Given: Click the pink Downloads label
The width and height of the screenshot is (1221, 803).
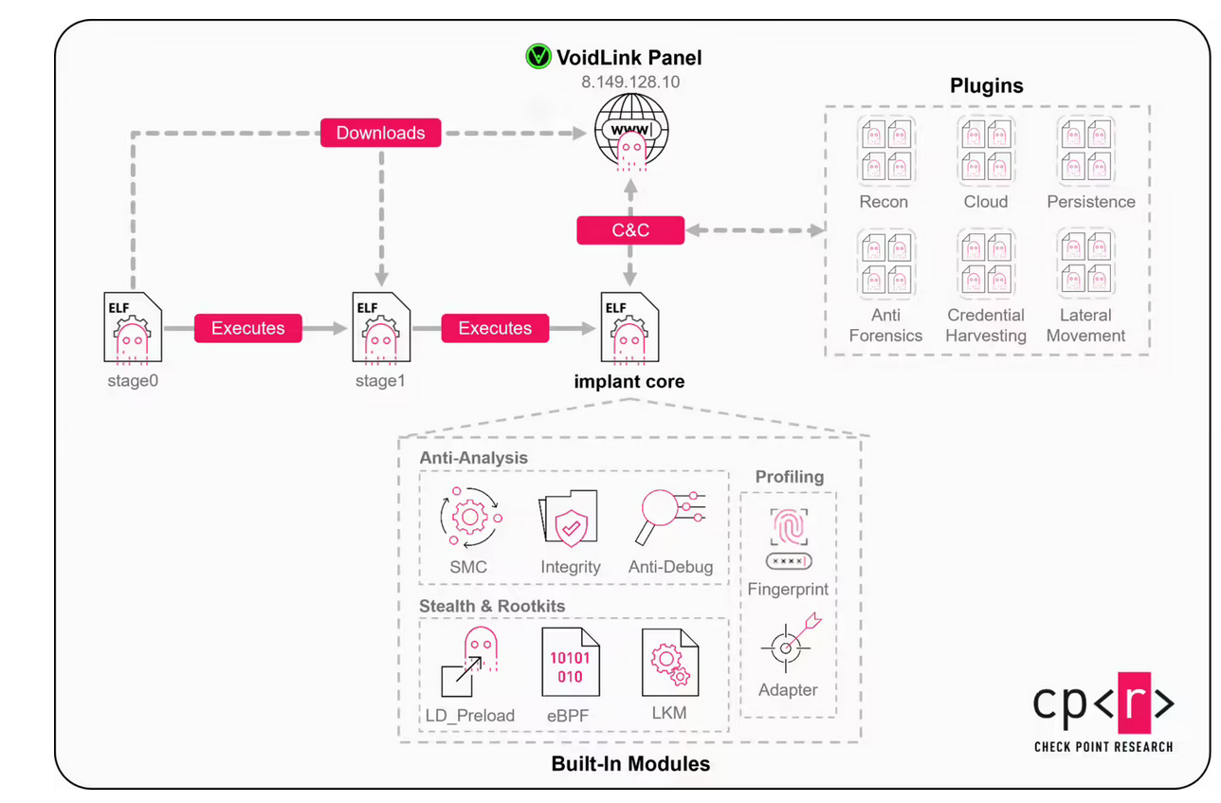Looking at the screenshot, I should coord(380,133).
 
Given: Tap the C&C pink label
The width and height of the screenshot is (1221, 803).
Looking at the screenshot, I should coord(630,230).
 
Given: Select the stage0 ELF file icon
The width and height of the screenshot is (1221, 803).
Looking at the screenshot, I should coord(132,328).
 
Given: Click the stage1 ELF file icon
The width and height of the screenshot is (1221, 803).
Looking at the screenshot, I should coord(381,328).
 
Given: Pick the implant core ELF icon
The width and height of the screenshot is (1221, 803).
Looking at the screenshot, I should coord(630,328).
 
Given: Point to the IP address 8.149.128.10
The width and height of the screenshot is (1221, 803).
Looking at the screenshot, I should coord(630,82).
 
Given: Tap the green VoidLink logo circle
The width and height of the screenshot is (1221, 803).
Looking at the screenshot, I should coord(538,57).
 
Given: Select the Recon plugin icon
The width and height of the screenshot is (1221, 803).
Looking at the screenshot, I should coord(884,151).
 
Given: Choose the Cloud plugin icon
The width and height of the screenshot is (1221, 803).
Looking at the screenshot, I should coord(986,151).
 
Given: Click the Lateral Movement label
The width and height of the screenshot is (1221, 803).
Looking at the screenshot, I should coord(1086,325).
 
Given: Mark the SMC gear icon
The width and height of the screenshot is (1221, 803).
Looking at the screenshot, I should coord(469,518).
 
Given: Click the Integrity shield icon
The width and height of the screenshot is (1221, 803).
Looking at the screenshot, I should coord(569,520).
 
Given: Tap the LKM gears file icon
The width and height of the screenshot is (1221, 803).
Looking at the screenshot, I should coord(670,662).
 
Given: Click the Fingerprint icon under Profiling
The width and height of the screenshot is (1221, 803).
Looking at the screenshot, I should coord(788,538).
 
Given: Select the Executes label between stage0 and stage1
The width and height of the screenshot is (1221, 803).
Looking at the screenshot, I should coord(247,328).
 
